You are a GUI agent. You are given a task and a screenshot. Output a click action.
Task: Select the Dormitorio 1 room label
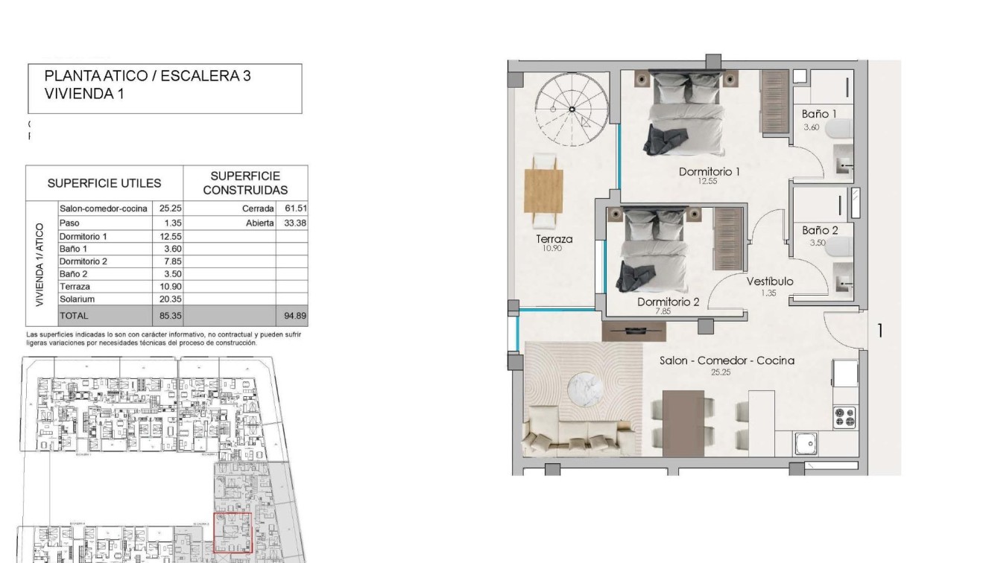point(709,172)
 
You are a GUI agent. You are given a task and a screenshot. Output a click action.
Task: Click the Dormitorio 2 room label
point(668,302)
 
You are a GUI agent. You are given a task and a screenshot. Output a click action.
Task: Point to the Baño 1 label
point(819,114)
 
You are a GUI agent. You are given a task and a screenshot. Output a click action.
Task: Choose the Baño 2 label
point(820,230)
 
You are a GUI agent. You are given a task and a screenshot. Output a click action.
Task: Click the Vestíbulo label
point(770,281)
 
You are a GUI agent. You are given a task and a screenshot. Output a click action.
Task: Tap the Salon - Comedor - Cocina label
point(727,360)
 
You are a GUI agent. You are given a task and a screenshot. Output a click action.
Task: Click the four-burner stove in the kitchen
point(844,417)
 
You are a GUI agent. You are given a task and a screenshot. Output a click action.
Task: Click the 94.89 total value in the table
point(295,316)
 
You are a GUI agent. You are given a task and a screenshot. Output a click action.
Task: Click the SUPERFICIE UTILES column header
point(104,183)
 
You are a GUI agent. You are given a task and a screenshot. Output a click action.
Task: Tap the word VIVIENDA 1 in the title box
point(83,94)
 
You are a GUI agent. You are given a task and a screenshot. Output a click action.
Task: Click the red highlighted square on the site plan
point(233,532)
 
